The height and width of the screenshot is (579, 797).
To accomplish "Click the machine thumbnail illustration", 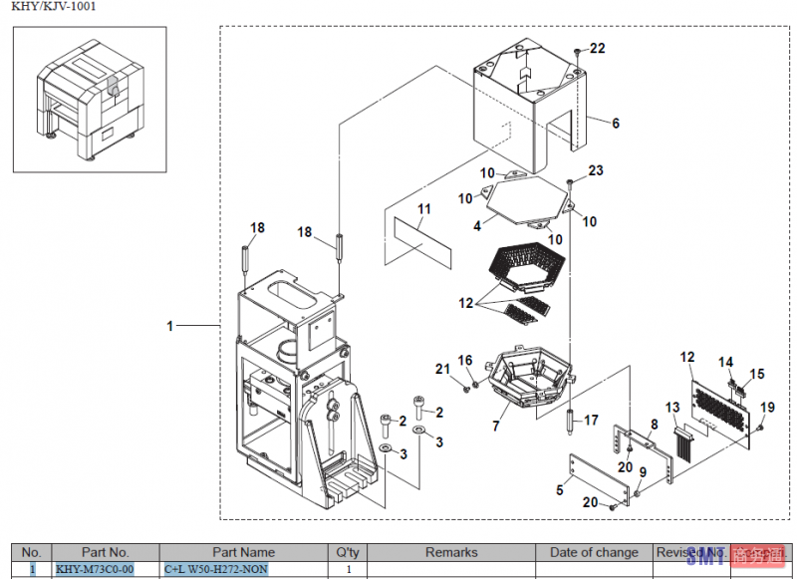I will click(90, 99).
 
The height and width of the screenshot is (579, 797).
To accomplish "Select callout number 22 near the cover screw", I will click(597, 48).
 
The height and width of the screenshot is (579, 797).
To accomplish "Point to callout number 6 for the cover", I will click(616, 124).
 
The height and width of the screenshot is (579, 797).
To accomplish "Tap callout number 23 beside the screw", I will click(596, 171).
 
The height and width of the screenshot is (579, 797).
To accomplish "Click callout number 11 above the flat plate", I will click(424, 209).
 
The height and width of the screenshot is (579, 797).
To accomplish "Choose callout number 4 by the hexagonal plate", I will click(477, 226).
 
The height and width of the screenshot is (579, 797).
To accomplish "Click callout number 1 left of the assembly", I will click(170, 326).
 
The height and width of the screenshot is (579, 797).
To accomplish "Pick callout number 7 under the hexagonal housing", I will click(496, 426).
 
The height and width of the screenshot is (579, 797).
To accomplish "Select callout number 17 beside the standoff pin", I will click(591, 420).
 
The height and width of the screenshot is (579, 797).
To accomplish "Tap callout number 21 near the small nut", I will click(443, 369).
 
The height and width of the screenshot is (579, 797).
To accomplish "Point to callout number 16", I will click(465, 360).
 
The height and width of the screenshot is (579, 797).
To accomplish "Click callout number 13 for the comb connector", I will click(672, 407).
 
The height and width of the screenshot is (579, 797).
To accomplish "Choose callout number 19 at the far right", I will click(767, 407).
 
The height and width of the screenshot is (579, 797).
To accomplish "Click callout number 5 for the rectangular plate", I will click(561, 489).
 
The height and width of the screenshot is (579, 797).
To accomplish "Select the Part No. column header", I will click(106, 552).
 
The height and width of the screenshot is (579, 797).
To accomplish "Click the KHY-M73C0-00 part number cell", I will click(94, 569).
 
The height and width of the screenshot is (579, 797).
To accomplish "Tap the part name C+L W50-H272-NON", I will click(216, 569).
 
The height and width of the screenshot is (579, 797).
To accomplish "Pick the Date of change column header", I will click(594, 552).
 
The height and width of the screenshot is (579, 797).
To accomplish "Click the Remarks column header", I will click(451, 552).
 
